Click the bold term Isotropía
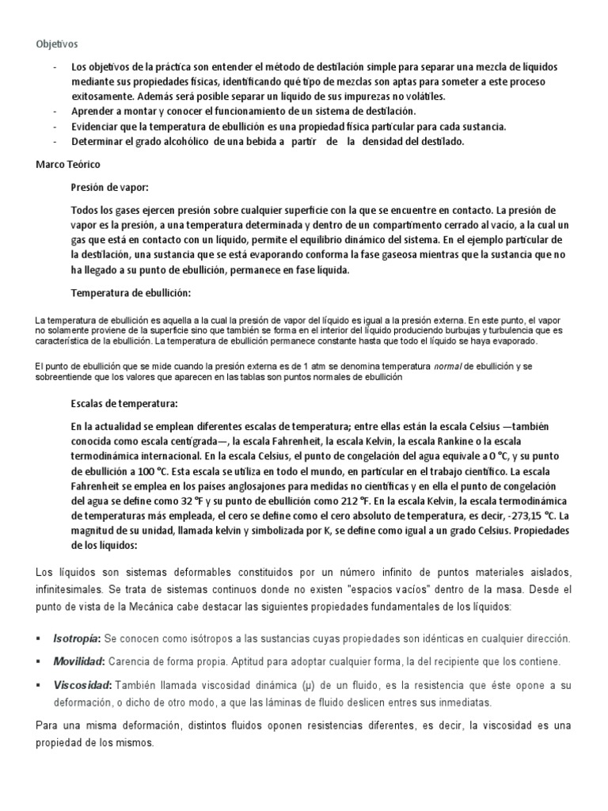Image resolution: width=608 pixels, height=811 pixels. tap(76, 638)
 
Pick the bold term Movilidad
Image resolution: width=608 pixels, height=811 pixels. tap(78, 661)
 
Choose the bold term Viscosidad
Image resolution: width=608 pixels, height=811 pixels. tap(82, 683)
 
